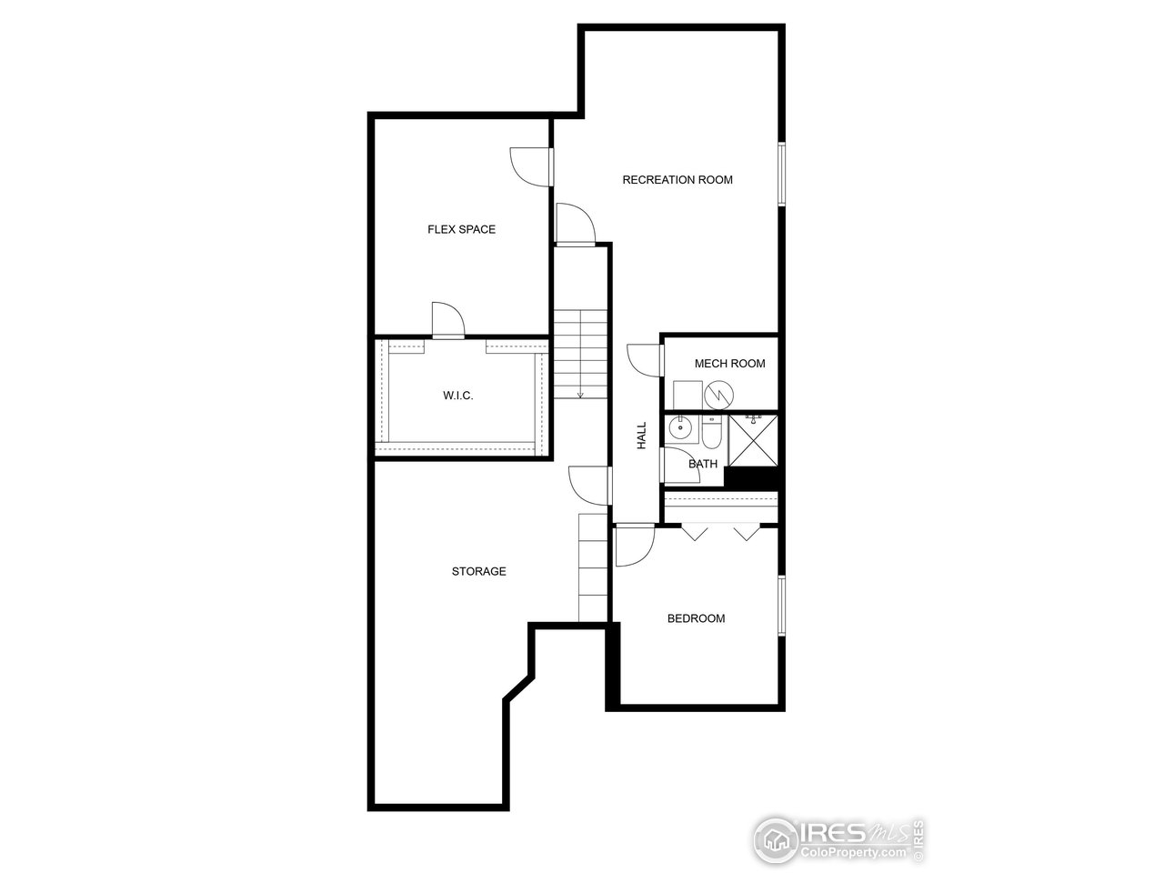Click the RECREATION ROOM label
[x=677, y=180]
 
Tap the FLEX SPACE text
[x=461, y=230]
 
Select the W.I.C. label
[x=458, y=396]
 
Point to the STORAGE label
[x=478, y=572]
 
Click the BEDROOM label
[x=696, y=619]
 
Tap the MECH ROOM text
[x=729, y=364]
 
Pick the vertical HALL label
[x=641, y=435]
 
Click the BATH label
[x=703, y=465]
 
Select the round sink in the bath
[x=679, y=427]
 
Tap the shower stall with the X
[x=754, y=440]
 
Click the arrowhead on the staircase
[x=580, y=396]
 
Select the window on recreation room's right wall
[x=780, y=173]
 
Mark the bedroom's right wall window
[x=780, y=605]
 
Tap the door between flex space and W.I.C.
[x=447, y=320]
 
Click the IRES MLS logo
[x=838, y=838]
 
